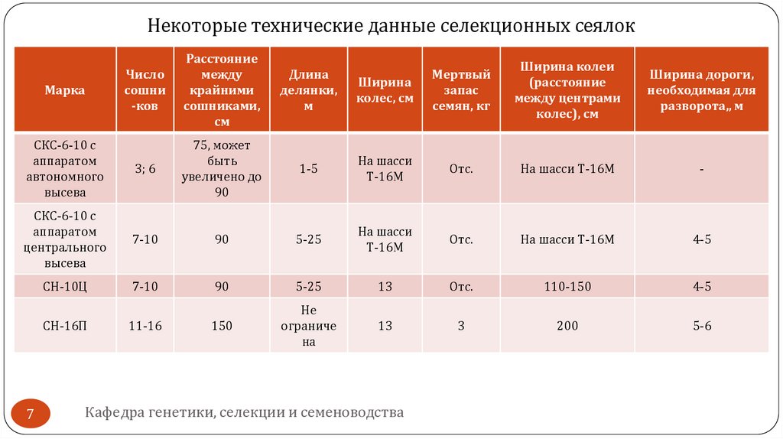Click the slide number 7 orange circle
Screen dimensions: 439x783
pos(31,415)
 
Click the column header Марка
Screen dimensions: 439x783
pos(64,90)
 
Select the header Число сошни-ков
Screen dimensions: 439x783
pos(145,90)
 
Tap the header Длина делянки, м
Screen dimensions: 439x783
pos(309,90)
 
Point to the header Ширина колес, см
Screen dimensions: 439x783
pos(385,90)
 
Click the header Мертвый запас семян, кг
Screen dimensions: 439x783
pos(461,90)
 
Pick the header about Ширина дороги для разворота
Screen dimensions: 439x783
pos(702,90)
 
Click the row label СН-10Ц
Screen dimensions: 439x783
pos(64,287)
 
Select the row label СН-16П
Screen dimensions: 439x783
pos(64,326)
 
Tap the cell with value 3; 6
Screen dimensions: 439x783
pos(145,169)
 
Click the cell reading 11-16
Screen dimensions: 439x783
pos(145,326)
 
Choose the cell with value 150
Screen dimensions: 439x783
pos(222,326)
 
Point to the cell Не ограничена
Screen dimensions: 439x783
pos(309,326)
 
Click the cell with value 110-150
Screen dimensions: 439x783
pos(567,287)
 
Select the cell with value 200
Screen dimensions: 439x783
pos(567,326)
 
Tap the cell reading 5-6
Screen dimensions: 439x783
pos(702,326)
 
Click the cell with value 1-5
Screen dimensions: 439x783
pos(309,169)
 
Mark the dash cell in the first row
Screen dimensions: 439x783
pos(702,169)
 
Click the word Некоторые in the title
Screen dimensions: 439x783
pos(194,27)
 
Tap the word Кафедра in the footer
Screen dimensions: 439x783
pos(114,413)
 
